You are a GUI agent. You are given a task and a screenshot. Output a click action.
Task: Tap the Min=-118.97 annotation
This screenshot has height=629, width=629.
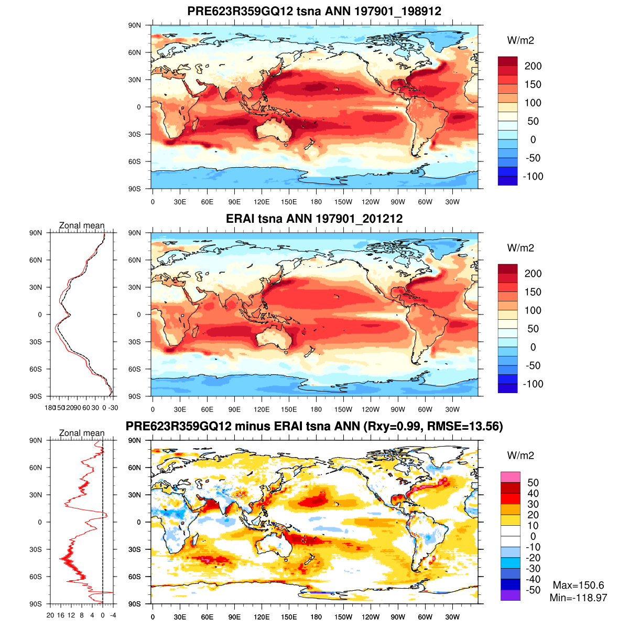[578, 598]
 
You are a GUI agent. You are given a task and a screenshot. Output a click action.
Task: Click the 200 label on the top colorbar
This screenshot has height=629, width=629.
[533, 66]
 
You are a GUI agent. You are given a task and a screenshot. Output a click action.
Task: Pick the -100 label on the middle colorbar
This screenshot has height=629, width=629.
[533, 384]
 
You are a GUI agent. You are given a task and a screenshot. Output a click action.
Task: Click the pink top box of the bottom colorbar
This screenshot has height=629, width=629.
[510, 477]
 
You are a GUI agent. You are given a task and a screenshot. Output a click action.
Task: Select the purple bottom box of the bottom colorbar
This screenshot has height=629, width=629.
[510, 595]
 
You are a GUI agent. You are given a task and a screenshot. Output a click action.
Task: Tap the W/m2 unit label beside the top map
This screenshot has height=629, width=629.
[520, 41]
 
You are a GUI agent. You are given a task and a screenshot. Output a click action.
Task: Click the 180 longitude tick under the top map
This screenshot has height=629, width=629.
[316, 202]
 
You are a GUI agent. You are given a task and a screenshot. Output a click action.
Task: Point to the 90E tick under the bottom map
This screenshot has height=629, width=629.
[234, 617]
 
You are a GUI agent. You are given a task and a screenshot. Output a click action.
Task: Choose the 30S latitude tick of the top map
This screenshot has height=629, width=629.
[135, 134]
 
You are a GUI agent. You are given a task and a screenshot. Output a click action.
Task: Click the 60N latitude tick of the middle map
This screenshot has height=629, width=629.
[135, 260]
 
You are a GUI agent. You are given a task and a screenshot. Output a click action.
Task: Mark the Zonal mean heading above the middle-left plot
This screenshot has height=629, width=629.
[82, 226]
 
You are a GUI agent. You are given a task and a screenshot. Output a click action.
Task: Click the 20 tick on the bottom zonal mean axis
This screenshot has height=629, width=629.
[50, 615]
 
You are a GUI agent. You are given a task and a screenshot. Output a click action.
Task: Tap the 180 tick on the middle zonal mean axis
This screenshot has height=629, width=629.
[50, 407]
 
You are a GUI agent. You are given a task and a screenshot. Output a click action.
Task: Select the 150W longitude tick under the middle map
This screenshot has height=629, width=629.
[343, 409]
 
